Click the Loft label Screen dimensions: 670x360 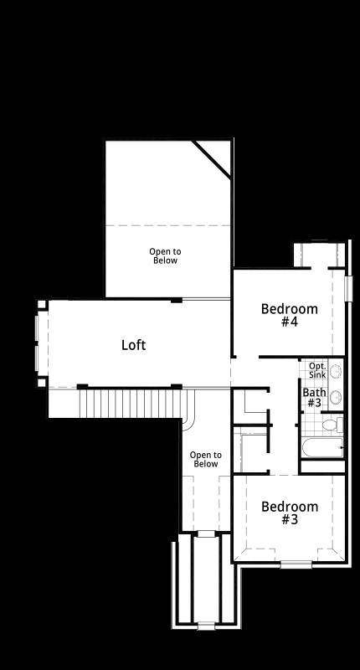click(x=134, y=344)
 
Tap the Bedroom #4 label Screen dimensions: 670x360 click(x=290, y=315)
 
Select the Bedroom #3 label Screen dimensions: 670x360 click(x=290, y=513)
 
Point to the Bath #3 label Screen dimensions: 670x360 click(x=314, y=397)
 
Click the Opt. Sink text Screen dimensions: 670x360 click(x=316, y=370)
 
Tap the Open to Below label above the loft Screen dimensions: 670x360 click(x=165, y=256)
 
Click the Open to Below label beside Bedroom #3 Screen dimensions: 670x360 click(x=205, y=459)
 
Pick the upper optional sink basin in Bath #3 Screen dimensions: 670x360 click(x=336, y=371)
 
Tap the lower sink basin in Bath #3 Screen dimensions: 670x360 click(x=336, y=397)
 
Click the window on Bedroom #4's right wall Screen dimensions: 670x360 click(x=348, y=286)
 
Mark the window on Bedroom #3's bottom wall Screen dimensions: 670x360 click(x=295, y=564)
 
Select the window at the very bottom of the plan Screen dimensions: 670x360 click(x=204, y=624)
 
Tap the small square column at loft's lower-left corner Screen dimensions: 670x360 click(x=42, y=383)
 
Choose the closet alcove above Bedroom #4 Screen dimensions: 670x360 click(x=318, y=254)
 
